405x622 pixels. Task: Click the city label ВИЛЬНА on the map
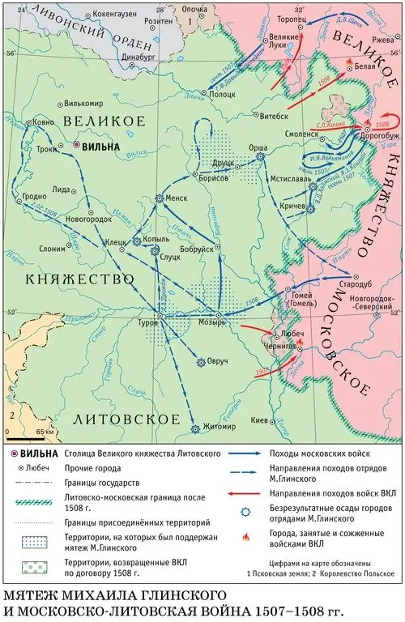pos(101,147)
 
